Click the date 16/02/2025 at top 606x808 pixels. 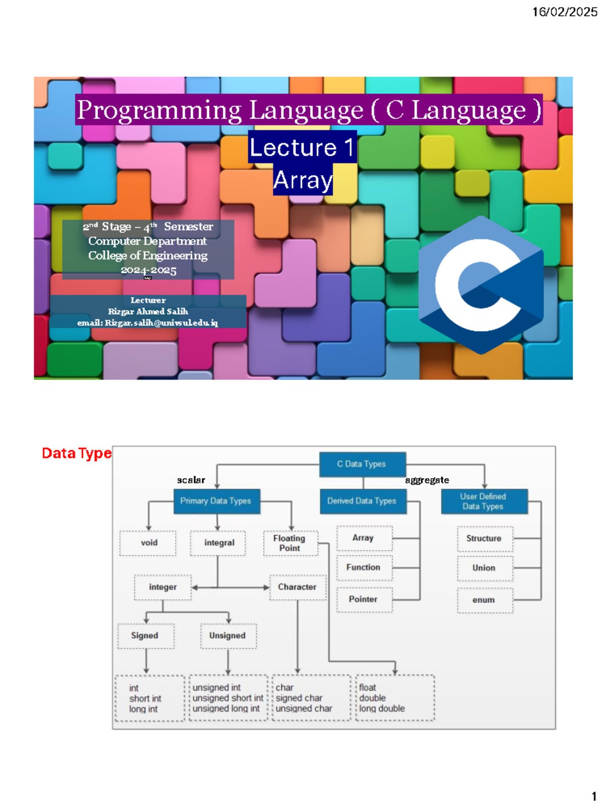[x=565, y=12]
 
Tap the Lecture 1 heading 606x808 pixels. [x=302, y=147]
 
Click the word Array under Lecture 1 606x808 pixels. [x=303, y=180]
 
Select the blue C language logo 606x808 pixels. [x=481, y=285]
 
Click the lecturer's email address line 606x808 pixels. [x=147, y=323]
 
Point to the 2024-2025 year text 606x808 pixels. [x=148, y=270]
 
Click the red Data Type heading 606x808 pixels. [x=76, y=453]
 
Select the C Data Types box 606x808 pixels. [x=362, y=464]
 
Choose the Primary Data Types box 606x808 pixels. [x=216, y=501]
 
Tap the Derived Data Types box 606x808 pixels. [x=362, y=501]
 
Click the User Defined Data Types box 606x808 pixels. [x=483, y=501]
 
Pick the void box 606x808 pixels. [x=148, y=543]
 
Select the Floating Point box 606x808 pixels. [x=290, y=543]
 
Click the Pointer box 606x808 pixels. [x=363, y=599]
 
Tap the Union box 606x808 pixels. [x=484, y=568]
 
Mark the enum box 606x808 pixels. [x=484, y=600]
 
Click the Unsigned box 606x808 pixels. [x=228, y=636]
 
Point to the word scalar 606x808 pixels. [x=191, y=480]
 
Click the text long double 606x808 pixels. [x=382, y=709]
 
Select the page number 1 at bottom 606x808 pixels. [x=594, y=797]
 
